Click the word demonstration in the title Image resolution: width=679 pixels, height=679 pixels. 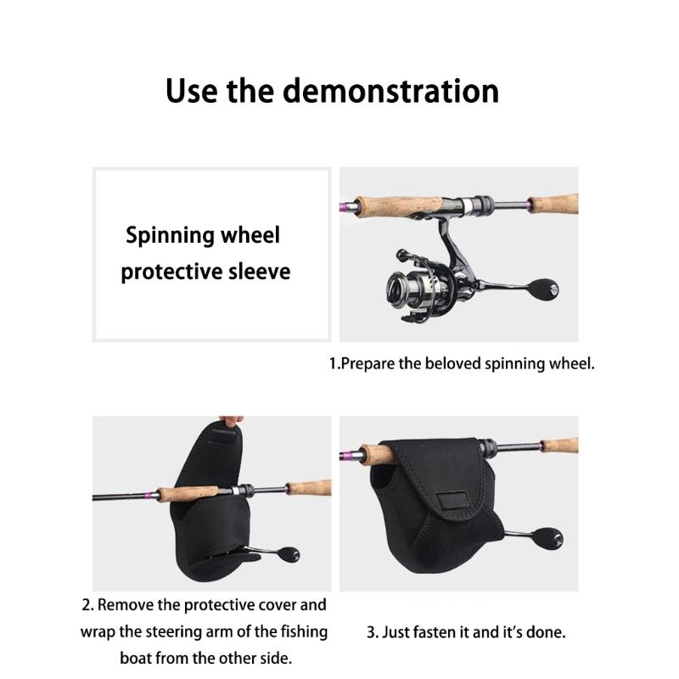click(390, 91)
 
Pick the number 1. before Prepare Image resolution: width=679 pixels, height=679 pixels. click(334, 364)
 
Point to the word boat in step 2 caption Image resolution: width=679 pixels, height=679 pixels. click(137, 659)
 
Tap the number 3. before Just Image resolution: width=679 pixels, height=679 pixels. click(372, 632)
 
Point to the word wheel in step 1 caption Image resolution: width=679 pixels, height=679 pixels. click(574, 364)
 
